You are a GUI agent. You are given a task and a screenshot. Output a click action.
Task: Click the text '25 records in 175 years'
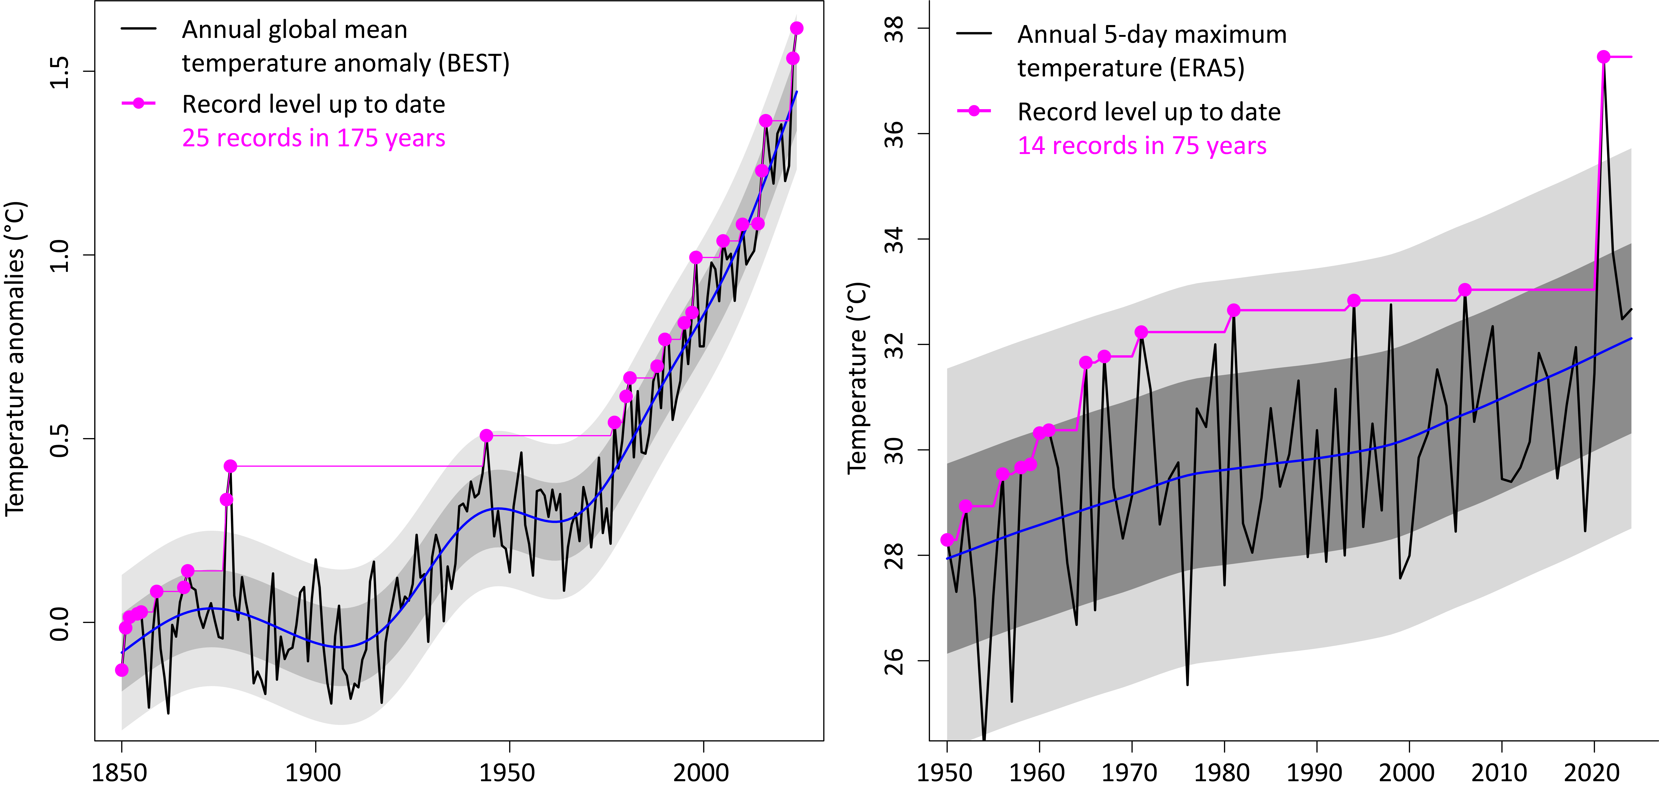[314, 138]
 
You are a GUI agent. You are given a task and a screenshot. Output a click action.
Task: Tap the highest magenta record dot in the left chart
[797, 28]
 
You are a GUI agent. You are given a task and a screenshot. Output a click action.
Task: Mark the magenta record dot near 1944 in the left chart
[486, 436]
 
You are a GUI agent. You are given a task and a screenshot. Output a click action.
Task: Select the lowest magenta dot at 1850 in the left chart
[122, 670]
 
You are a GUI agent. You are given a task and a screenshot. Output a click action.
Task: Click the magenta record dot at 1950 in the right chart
[947, 540]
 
